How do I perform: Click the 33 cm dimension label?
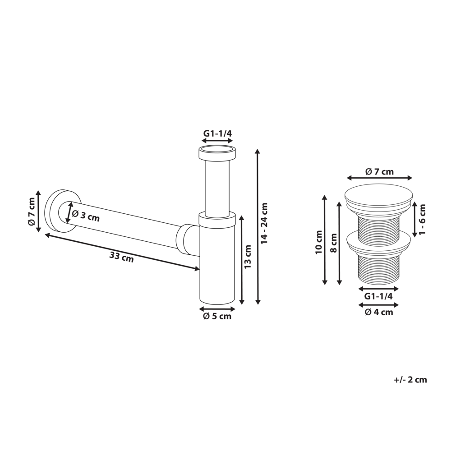coord(121,257)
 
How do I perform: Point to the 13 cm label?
coord(248,258)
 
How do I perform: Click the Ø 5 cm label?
coord(217,317)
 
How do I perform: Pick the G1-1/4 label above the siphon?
coord(217,133)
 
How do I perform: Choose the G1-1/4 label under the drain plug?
coord(378,296)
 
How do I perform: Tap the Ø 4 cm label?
coord(378,312)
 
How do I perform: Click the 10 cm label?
coord(319,243)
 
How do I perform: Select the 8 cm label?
coord(334,244)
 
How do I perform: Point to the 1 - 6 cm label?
coord(422,219)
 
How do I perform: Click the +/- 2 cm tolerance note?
coord(410,380)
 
